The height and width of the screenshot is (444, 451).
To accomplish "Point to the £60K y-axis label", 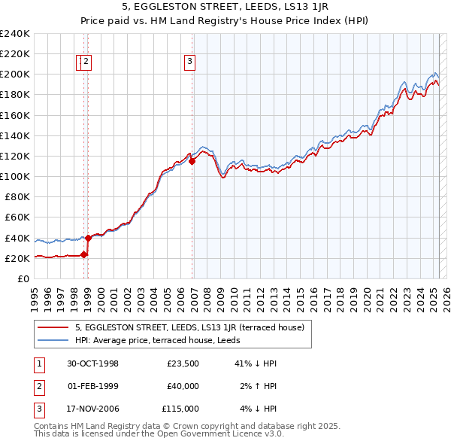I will pos(17,217).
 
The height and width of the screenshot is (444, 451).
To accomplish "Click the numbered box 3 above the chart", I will pos(189,62).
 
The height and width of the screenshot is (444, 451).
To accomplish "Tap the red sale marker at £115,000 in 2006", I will pos(192,160).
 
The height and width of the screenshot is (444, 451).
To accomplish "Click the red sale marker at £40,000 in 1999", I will pos(88,238).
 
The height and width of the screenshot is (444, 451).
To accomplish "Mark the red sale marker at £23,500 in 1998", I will pos(84,254).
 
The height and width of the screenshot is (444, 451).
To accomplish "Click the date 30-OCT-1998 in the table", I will pos(92,363).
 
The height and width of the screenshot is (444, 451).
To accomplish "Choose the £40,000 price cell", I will pos(183,386).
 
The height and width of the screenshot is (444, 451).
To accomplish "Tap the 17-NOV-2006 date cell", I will pos(92,409).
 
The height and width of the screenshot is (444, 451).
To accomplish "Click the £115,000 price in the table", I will pos(181,409).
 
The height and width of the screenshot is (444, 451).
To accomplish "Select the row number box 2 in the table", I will pos(38,386).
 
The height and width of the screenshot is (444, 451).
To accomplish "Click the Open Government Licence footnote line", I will pos(159,433).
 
